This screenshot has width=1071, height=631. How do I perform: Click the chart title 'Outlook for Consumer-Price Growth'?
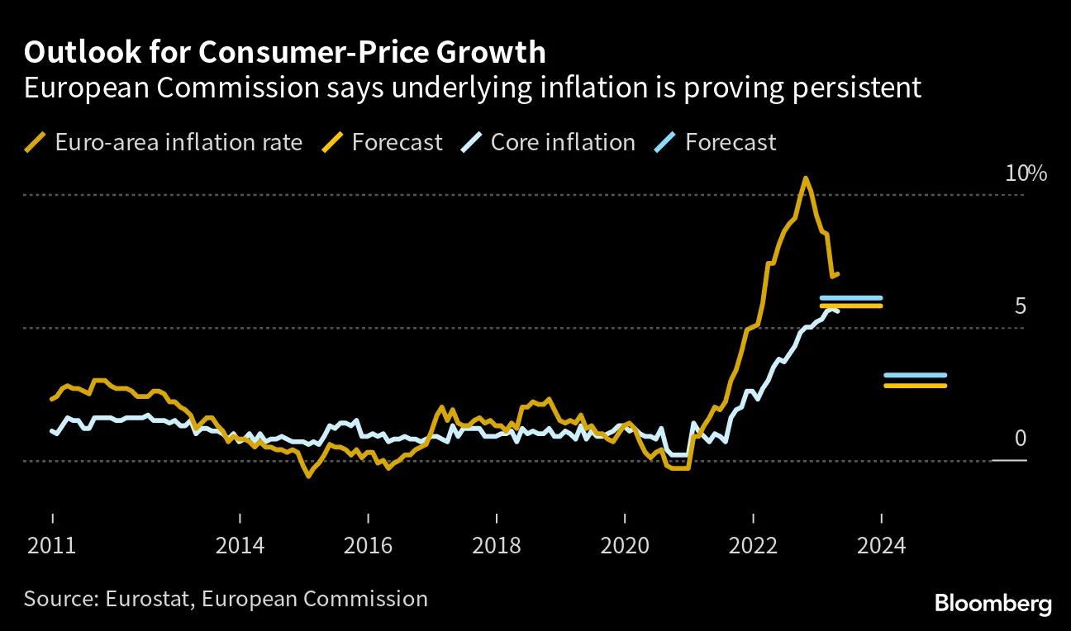[x=285, y=52]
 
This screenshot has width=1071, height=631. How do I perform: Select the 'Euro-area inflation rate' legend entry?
[x=178, y=142]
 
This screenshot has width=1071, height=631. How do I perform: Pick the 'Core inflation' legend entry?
[x=562, y=142]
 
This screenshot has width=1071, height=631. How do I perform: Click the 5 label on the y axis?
[x=1019, y=306]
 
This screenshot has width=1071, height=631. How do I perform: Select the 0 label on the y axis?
[x=1020, y=439]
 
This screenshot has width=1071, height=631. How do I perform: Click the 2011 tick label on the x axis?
[x=52, y=546]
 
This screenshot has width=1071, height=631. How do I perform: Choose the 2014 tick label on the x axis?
[x=240, y=546]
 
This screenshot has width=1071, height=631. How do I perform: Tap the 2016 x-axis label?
[x=368, y=546]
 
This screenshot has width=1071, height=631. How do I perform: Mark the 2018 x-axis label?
[x=496, y=546]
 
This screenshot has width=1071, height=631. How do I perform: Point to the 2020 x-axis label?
[x=625, y=546]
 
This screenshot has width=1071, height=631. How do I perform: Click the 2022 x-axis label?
[x=753, y=546]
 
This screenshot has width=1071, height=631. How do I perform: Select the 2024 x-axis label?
[x=882, y=546]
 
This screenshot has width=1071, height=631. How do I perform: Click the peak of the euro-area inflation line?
[x=804, y=178]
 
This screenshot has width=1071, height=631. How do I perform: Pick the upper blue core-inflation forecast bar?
[x=850, y=298]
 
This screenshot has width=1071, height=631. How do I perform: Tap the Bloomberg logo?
[x=992, y=604]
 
